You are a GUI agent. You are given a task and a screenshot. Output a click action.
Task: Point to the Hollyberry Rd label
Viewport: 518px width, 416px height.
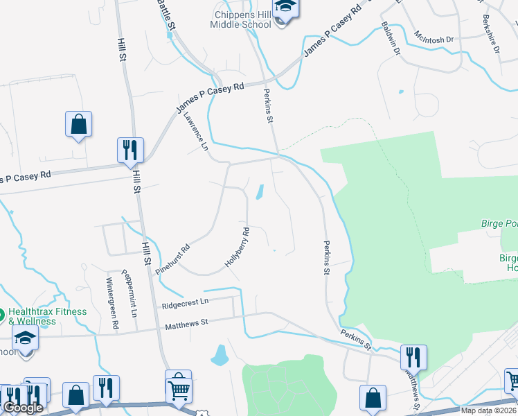click(x=237, y=249)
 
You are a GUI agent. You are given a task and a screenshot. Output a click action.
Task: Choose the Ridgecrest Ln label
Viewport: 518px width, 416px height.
click(x=185, y=303)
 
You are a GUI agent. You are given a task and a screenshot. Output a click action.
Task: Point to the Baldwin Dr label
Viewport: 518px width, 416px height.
click(x=391, y=38)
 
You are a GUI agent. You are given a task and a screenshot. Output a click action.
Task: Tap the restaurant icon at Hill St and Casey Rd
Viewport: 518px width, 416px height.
click(x=130, y=150)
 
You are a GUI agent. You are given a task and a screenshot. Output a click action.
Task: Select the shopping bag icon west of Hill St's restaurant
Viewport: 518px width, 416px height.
click(x=79, y=125)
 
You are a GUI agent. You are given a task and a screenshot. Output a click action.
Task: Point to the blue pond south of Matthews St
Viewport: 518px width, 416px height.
click(x=220, y=356)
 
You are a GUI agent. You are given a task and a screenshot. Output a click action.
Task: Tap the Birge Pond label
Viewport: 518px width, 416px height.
click(x=499, y=224)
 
